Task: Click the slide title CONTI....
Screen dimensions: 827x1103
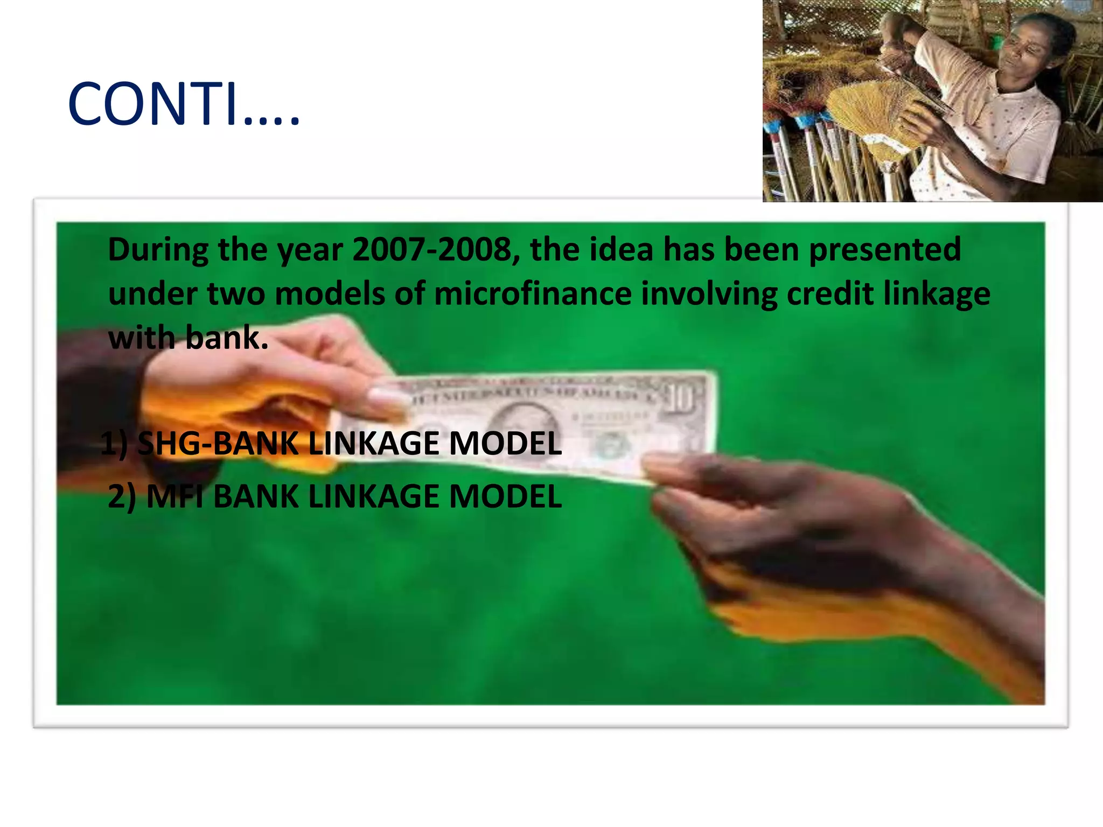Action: pos(183,104)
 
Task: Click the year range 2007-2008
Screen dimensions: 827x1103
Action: pos(436,250)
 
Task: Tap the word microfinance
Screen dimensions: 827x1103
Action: pos(533,294)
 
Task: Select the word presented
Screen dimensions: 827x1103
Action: pos(885,250)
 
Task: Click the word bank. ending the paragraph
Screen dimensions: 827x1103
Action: pos(226,338)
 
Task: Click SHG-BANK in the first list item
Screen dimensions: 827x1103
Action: pos(218,444)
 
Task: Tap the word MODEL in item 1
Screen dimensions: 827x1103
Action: pos(505,444)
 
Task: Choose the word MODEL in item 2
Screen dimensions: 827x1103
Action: pos(505,496)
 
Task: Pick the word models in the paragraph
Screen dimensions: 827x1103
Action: pos(330,294)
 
